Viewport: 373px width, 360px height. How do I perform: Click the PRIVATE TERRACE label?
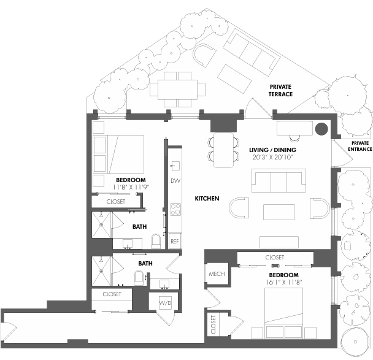pyautogui.click(x=280, y=91)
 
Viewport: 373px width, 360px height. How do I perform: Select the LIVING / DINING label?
pyautogui.click(x=273, y=150)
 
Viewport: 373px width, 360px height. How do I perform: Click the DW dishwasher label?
pyautogui.click(x=175, y=181)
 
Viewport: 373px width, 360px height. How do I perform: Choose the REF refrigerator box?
pyautogui.click(x=175, y=242)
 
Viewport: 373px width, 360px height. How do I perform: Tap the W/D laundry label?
pyautogui.click(x=164, y=303)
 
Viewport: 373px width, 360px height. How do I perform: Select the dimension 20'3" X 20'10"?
pyautogui.click(x=273, y=158)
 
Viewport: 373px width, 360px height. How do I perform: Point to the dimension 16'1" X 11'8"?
pyautogui.click(x=283, y=283)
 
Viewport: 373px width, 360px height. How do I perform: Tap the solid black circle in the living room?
pyautogui.click(x=321, y=129)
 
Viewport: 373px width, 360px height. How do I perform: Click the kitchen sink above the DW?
pyautogui.click(x=174, y=165)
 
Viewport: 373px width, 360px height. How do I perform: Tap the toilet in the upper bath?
pyautogui.click(x=155, y=241)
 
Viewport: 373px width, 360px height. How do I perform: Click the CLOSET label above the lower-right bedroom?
pyautogui.click(x=275, y=258)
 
